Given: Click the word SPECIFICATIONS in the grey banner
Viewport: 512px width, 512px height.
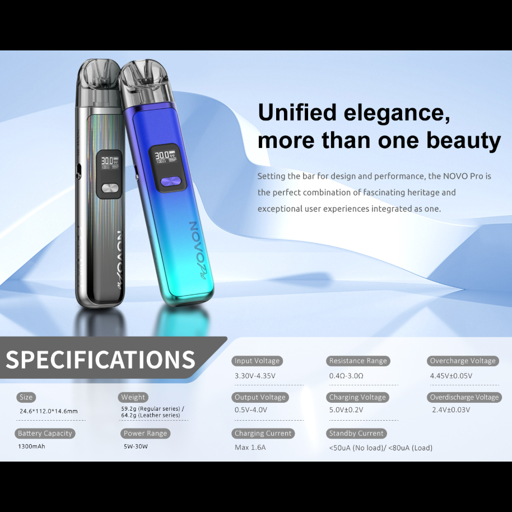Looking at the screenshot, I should pyautogui.click(x=100, y=359).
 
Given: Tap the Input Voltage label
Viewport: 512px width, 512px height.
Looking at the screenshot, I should pyautogui.click(x=257, y=361).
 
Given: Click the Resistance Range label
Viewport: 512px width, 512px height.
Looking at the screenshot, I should pyautogui.click(x=358, y=361).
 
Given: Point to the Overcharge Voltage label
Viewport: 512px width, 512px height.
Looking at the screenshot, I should pyautogui.click(x=462, y=361).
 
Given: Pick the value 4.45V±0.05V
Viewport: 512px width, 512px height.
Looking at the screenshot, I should pyautogui.click(x=451, y=376).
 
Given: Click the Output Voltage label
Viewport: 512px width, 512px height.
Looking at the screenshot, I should pyautogui.click(x=260, y=397).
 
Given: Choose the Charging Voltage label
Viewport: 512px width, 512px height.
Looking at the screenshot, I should pyautogui.click(x=357, y=397).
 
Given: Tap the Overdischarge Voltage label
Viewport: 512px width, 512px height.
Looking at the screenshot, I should pyautogui.click(x=464, y=397).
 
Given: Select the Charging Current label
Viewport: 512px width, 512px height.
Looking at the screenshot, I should pyautogui.click(x=263, y=434).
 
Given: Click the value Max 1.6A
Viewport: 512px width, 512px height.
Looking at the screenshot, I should pyautogui.click(x=250, y=448).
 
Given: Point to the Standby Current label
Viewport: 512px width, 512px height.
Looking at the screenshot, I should pyautogui.click(x=356, y=434).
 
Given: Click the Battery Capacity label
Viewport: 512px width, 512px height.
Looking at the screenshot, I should pyautogui.click(x=45, y=434).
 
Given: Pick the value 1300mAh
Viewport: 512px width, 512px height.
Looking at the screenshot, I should pyautogui.click(x=32, y=447).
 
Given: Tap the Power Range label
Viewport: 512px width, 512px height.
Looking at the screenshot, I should pyautogui.click(x=146, y=434).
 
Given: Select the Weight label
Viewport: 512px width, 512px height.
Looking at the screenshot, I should pyautogui.click(x=133, y=397).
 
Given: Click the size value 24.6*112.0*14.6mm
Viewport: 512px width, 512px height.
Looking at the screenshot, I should pyautogui.click(x=49, y=411).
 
